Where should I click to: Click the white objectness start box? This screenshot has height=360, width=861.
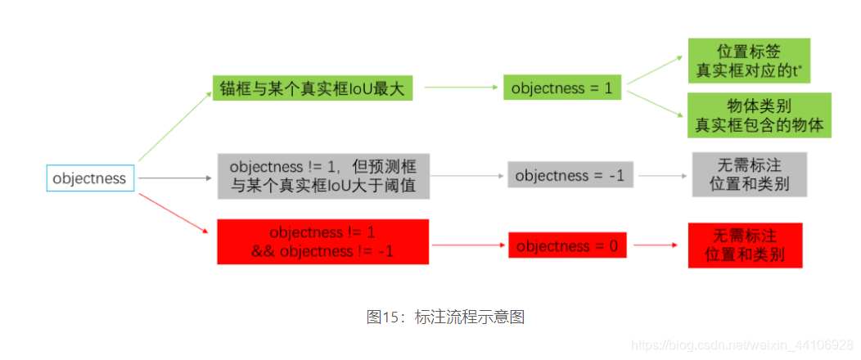point(89,178)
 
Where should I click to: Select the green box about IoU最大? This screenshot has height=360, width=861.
point(312,88)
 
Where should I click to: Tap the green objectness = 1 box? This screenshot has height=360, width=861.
point(561,88)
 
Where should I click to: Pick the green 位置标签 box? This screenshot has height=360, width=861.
point(748,61)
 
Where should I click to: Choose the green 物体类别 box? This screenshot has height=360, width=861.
point(759,115)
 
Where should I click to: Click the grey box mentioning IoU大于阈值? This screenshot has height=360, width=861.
point(323,175)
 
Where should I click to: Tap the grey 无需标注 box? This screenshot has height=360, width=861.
point(749,173)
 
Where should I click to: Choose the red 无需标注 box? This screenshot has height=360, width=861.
point(745,245)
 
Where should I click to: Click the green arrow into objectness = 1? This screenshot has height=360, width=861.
point(462,88)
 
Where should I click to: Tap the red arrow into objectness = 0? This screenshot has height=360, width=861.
point(468,245)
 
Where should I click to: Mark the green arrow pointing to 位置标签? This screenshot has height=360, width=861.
point(654,70)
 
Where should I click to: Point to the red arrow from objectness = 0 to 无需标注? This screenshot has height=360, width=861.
point(655,245)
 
